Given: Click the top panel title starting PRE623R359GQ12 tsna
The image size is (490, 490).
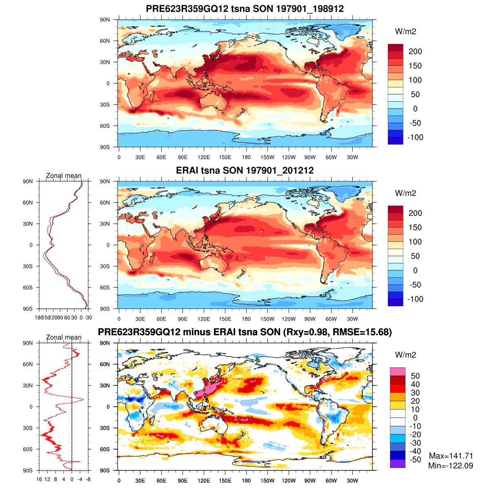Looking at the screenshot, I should click(x=245, y=9).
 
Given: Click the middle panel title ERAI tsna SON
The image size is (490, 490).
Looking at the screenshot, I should click(x=245, y=170).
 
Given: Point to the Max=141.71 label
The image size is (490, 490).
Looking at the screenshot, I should click(x=451, y=456).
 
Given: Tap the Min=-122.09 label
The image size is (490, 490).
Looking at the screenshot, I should click(x=450, y=465).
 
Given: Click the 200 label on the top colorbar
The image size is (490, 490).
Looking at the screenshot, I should click(x=415, y=51).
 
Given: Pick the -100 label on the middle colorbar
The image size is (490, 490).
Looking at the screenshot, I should click(x=415, y=299).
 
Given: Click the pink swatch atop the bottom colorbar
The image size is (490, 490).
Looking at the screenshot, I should click(x=397, y=372).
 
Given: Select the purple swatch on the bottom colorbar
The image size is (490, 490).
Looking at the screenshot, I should click(x=397, y=463).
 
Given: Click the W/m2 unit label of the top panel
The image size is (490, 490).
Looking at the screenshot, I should click(x=405, y=31).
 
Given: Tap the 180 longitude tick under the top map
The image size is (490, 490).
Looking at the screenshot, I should click(x=246, y=158).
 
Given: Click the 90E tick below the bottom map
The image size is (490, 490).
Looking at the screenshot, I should click(x=183, y=481).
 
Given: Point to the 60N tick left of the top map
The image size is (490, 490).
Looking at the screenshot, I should click(x=105, y=41).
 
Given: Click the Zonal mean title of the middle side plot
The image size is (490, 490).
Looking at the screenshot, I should click(x=64, y=176).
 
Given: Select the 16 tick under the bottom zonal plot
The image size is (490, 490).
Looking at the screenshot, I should click(x=39, y=479).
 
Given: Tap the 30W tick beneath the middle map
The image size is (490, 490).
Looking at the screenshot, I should click(x=352, y=319).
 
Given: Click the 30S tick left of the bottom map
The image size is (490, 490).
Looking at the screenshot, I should click(x=105, y=428).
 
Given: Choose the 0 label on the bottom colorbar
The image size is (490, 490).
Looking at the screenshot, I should click(x=415, y=418).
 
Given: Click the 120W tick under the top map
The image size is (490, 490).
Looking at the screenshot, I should click(x=289, y=158).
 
